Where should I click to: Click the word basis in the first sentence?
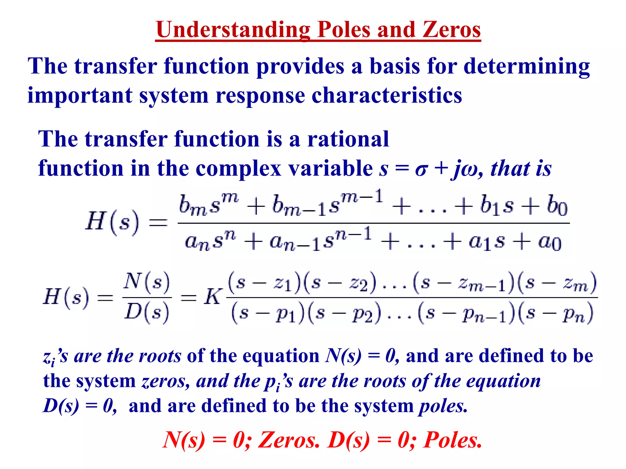click(395, 66)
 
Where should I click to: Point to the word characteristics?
click(387, 96)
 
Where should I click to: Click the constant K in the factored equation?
click(212, 297)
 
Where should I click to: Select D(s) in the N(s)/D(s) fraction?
click(146, 312)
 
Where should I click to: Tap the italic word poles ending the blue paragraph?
click(443, 406)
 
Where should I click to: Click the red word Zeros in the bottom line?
click(289, 440)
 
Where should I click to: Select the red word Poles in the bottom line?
click(452, 440)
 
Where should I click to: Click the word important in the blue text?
click(80, 96)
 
